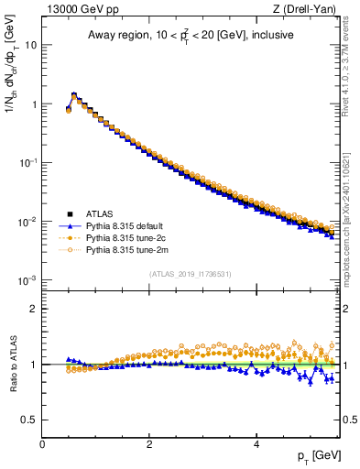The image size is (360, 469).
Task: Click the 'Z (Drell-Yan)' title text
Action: coord(311,9)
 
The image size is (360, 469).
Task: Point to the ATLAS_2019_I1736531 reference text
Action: coord(191,274)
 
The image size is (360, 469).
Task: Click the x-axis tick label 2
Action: coord(149,443)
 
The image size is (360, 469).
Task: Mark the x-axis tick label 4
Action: coord(256,443)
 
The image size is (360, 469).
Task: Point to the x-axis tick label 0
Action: coord(42,443)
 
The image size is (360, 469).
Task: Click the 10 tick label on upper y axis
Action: coord(30,45)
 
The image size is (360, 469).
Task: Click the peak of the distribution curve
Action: coord(74,94)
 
